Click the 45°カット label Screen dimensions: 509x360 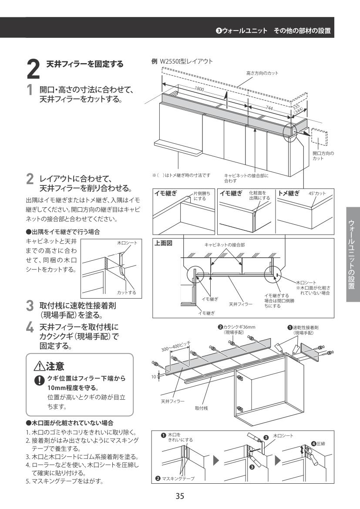pyautogui.click(x=316, y=193)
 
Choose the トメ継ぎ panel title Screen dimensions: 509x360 pyautogui.click(x=290, y=193)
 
